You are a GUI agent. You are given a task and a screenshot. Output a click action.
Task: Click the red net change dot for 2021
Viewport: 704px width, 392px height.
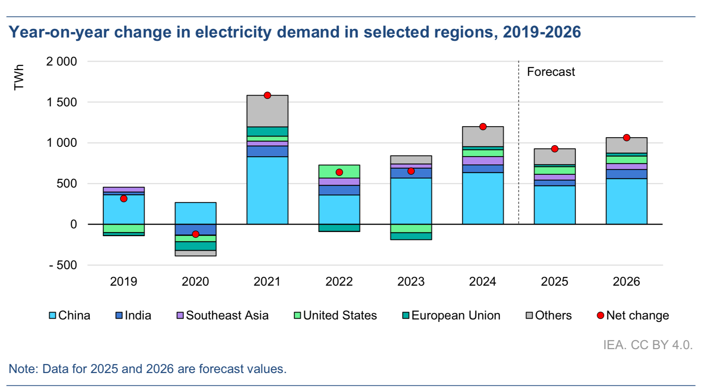coord(267,95)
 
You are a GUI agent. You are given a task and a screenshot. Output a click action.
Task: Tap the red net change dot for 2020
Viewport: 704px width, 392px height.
coord(196,234)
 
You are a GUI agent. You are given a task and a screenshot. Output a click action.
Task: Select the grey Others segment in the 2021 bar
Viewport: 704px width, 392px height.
coord(267,111)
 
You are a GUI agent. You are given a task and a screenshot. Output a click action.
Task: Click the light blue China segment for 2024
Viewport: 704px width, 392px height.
coord(483,198)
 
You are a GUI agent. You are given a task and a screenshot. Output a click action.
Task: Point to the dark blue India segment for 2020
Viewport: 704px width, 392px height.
coord(196,230)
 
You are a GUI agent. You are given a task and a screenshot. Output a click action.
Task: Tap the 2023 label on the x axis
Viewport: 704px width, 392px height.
coord(411,282)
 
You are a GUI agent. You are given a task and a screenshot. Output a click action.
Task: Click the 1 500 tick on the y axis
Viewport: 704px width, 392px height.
coord(62,102)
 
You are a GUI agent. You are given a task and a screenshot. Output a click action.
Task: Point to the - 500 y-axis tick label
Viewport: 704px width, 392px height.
coord(63,265)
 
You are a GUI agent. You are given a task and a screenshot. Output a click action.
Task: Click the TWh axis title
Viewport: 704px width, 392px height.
coord(19,77)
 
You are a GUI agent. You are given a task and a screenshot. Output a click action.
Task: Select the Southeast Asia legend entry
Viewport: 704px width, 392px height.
coord(222,315)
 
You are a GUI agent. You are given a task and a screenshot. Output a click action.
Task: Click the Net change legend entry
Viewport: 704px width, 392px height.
coord(633,315)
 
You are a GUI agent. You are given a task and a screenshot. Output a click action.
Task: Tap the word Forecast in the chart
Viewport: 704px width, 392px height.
coord(551,72)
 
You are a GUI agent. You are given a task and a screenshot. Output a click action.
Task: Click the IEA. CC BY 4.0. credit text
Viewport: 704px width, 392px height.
coord(648,345)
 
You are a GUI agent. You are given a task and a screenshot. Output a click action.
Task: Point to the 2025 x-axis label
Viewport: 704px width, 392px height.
coord(554,282)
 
